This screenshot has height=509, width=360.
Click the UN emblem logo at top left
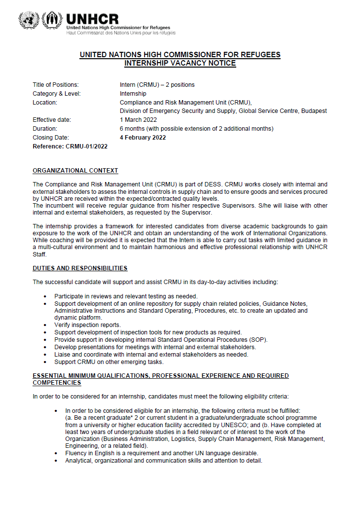pyautogui.click(x=28, y=20)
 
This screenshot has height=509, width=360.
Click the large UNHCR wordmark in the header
pyautogui.click(x=92, y=19)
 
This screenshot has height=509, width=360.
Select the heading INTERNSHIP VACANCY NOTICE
pyautogui.click(x=180, y=63)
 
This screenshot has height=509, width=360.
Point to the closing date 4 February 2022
pyautogui.click(x=143, y=138)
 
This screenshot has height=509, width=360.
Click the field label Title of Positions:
pyautogui.click(x=56, y=85)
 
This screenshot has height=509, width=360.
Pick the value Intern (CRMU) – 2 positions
pyautogui.click(x=157, y=85)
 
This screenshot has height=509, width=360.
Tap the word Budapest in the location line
pyautogui.click(x=314, y=111)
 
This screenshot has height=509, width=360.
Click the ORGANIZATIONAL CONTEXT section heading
pyautogui.click(x=75, y=171)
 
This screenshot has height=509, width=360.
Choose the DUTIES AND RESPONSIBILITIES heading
pyautogui.click(x=80, y=268)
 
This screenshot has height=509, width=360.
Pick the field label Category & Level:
pyautogui.click(x=57, y=94)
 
